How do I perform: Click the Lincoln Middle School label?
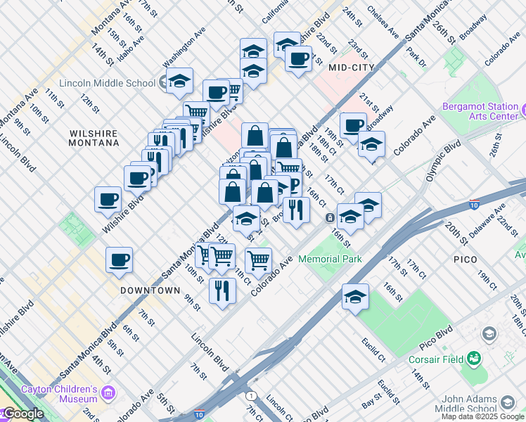point(107,83)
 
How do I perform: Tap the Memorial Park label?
point(330,259)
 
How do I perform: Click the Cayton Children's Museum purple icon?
point(108,391)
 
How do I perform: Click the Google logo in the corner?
point(23,414)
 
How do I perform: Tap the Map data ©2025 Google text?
point(482,416)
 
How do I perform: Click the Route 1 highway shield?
point(252,395)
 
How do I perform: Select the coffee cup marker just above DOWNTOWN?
point(119,260)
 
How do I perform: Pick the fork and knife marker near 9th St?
point(223,290)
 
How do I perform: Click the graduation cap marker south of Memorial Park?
point(356,297)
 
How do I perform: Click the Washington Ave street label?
point(183,53)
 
